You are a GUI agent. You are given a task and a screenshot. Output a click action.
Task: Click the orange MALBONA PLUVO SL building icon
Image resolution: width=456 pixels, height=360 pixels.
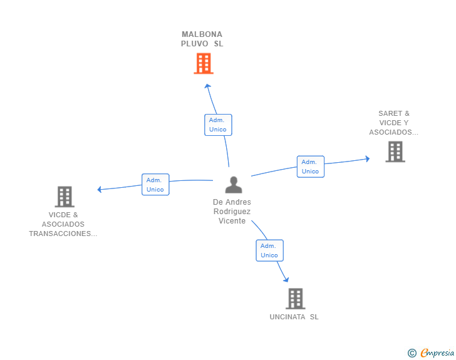(203, 63)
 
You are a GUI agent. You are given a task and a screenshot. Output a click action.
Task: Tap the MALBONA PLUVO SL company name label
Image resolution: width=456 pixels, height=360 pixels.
(202, 39)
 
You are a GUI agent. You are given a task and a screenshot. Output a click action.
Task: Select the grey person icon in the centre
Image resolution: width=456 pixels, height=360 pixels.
(234, 185)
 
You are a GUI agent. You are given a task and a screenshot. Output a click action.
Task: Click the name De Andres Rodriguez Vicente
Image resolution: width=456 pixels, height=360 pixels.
(232, 212)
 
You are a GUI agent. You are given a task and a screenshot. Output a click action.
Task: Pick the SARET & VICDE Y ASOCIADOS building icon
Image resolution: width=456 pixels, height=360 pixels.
(395, 152)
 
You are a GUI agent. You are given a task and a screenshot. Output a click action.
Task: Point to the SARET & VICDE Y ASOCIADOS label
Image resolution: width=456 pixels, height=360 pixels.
(393, 123)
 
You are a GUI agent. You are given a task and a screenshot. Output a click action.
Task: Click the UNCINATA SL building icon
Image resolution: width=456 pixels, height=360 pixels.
(295, 299)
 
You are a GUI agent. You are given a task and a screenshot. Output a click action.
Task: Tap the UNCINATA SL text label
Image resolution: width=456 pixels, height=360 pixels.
(294, 317)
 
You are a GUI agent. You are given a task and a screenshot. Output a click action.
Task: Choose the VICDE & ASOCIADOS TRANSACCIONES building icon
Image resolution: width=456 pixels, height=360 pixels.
(65, 197)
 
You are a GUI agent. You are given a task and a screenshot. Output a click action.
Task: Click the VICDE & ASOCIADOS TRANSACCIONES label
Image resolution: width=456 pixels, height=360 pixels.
(63, 224)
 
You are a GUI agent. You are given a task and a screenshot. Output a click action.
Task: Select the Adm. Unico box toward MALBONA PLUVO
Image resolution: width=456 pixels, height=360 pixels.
(218, 125)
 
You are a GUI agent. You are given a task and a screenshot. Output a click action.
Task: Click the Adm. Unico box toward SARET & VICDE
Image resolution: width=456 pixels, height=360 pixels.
(310, 167)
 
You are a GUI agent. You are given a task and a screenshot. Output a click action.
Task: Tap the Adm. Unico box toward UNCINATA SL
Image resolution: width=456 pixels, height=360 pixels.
(269, 250)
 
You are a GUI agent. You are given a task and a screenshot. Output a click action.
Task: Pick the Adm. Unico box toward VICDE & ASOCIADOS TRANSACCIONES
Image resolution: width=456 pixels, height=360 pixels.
(155, 185)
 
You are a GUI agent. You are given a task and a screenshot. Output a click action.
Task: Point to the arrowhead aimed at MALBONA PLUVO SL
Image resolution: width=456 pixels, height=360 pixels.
(208, 86)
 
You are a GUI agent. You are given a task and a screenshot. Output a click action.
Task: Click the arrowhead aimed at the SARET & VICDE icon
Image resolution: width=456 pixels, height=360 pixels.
(366, 158)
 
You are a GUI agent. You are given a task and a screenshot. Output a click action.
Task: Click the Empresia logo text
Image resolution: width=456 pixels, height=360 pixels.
(437, 353)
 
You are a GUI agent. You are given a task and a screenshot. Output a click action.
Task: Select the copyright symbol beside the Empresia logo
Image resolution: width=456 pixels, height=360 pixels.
(412, 353)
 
